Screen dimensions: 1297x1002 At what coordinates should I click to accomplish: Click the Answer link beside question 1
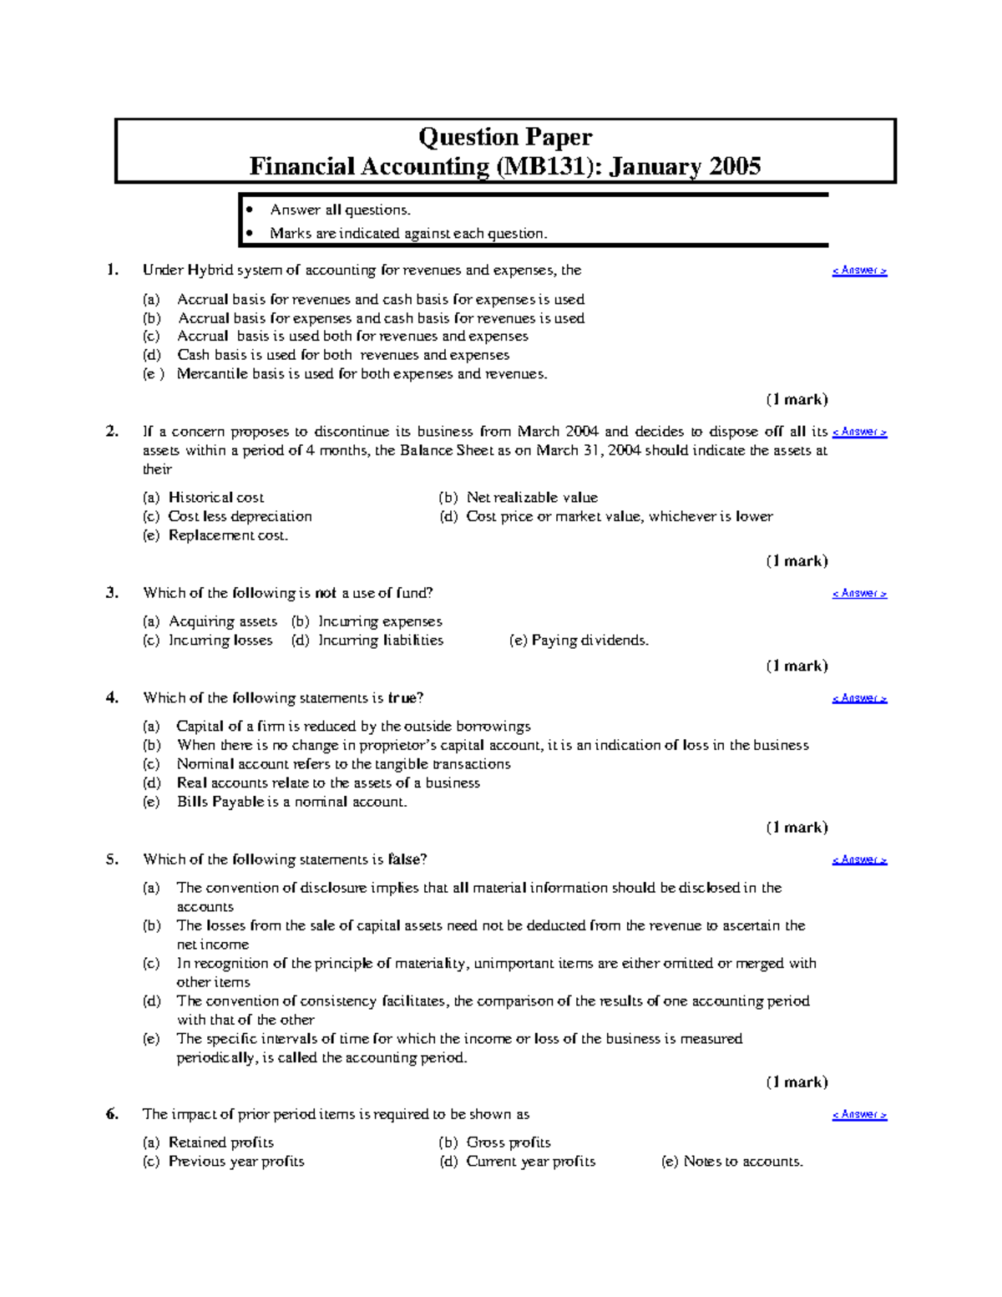coord(859,271)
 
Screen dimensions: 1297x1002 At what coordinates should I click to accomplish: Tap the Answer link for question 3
coord(859,594)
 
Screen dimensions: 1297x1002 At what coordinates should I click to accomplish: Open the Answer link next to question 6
coord(859,1115)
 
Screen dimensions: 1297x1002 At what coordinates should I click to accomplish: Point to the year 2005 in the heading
coord(735,166)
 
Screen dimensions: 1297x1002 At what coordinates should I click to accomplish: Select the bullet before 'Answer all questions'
coord(249,210)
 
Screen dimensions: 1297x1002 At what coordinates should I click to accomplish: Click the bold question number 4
coord(112,698)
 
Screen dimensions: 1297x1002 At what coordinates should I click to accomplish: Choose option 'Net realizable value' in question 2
coord(531,498)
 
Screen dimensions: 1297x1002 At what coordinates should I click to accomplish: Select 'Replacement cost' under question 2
coord(227,535)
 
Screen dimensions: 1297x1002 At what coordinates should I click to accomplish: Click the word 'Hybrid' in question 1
coord(210,271)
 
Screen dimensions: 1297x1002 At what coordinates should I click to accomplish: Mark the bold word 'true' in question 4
coord(405,698)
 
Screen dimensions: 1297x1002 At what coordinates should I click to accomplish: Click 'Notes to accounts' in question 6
coord(742,1162)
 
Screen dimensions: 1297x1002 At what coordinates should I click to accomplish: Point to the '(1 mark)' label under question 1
coord(797,399)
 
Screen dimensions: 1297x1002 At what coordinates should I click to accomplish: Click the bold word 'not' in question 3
coord(326,593)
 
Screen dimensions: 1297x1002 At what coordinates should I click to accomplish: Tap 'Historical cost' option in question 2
coord(215,498)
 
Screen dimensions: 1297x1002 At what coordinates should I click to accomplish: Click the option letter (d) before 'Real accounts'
coord(151,783)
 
